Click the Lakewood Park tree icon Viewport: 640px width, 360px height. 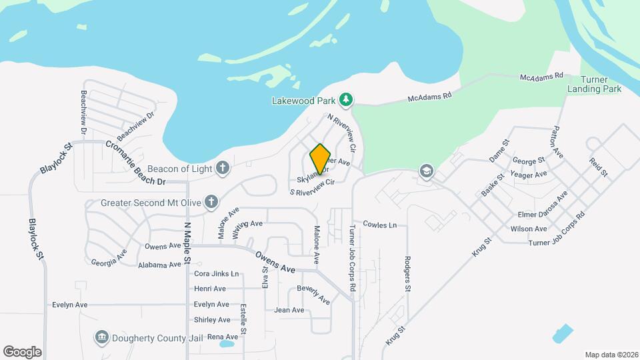tap(345, 101)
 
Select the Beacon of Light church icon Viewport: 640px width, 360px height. tap(223, 168)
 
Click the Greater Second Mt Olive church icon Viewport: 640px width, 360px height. tap(211, 201)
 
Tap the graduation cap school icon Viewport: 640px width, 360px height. tap(425, 172)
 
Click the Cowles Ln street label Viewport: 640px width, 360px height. tap(379, 225)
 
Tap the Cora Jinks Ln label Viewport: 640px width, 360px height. tap(216, 274)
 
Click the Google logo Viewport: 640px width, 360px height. tap(22, 351)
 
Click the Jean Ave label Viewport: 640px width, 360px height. tap(289, 310)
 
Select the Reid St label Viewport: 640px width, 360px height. tap(598, 167)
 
